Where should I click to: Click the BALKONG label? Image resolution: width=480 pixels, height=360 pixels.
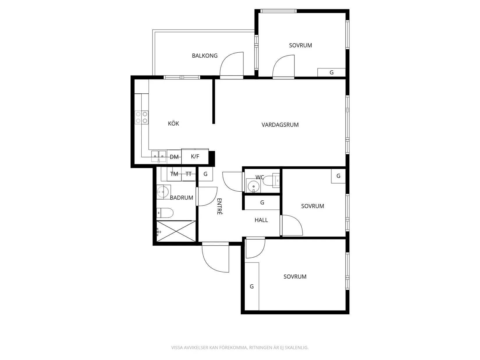pos(205,56)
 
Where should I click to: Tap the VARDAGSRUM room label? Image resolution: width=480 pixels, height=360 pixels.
pos(280,125)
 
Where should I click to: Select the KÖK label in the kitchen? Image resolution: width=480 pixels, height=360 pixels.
pos(173,124)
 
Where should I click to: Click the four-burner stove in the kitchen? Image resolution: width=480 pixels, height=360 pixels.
pos(141,117)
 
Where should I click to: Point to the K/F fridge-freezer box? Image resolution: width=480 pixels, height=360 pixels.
pos(195,156)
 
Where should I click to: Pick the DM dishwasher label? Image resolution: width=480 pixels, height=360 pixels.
pos(174,157)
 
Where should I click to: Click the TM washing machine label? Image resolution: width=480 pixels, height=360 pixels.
pos(174,174)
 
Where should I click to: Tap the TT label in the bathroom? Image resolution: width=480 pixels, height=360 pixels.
pos(189,174)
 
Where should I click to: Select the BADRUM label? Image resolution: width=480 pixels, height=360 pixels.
pos(182,198)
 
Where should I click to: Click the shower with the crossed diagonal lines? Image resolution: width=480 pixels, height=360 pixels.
pos(176,231)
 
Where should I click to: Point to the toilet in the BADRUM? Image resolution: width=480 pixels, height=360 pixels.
pos(165,213)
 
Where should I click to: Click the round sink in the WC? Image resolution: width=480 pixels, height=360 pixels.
pos(253,186)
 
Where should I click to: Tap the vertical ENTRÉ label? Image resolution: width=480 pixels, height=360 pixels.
pos(219,206)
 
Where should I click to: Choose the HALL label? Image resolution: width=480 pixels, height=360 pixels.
pos(261,220)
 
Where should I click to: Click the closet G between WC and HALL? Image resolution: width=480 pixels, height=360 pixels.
pos(262,203)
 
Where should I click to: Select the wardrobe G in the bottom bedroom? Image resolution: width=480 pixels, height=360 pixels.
pos(252,286)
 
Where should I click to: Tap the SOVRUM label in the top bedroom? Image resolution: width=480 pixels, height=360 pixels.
pos(301,45)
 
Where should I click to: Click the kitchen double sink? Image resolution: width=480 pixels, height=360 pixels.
pos(159,156)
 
